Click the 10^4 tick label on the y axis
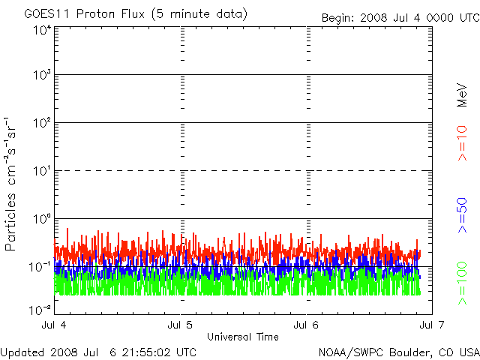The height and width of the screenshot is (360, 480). pos(41,30)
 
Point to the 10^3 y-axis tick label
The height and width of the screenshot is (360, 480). pos(41,76)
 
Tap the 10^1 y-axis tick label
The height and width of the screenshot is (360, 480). pos(41,171)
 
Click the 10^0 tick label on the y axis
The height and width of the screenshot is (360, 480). pos(41,219)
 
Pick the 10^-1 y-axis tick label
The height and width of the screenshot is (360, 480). pos(40,267)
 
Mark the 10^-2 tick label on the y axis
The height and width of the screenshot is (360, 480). pos(40,309)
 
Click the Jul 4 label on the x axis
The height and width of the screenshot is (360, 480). pos(55,325)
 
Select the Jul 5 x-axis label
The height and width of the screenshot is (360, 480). pos(181,325)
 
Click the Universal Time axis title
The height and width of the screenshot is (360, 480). pos(243,337)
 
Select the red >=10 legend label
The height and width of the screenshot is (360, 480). pos(462,143)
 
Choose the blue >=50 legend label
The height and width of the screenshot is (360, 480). pos(462,217)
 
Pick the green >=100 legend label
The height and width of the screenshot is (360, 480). pos(462,283)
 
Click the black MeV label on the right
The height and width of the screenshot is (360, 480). pos(462,93)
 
